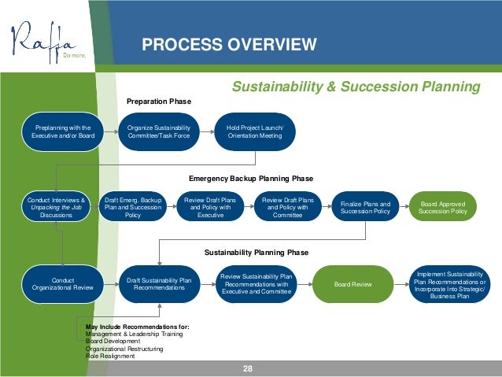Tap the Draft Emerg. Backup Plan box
(x=133, y=207)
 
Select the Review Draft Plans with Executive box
(x=210, y=207)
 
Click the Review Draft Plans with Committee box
(x=288, y=207)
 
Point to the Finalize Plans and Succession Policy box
(x=365, y=208)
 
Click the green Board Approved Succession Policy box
(x=443, y=208)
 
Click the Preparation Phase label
(x=159, y=102)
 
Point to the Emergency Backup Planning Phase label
(x=251, y=178)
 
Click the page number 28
(x=249, y=368)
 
